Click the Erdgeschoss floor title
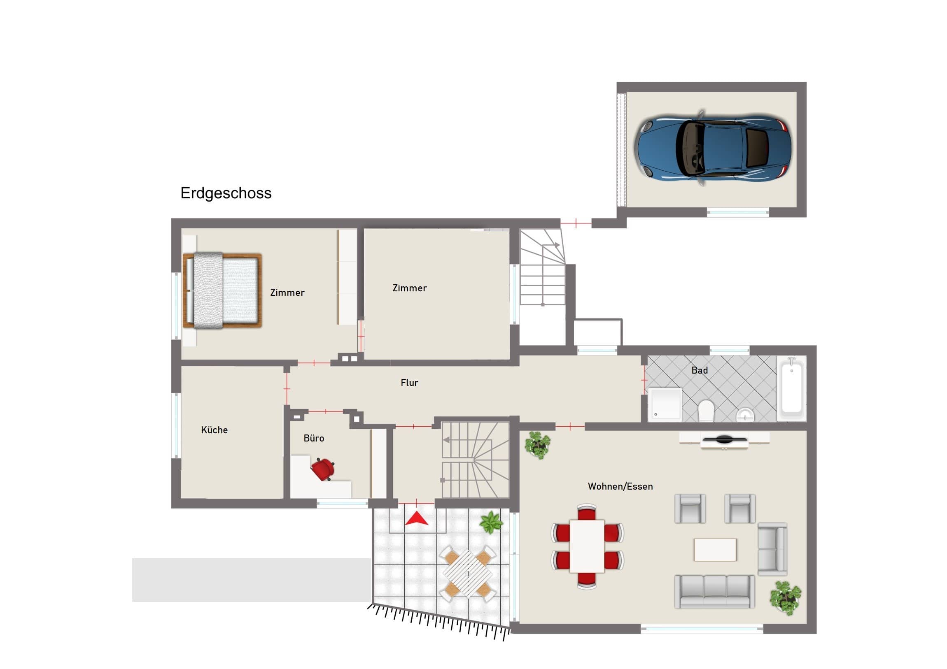point(226,193)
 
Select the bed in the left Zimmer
point(222,290)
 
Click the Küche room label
point(215,430)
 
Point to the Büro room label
point(314,438)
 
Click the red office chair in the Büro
point(322,469)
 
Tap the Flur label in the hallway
point(410,383)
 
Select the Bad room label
point(700,370)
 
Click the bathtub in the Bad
point(791,388)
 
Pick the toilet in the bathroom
point(706,411)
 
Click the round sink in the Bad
point(745,414)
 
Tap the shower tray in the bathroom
point(665,404)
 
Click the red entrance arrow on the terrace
point(417,518)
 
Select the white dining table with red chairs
point(587,546)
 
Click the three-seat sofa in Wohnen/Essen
point(715,592)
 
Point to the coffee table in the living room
point(715,549)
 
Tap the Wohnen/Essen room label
point(620,486)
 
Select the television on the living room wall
point(725,439)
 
